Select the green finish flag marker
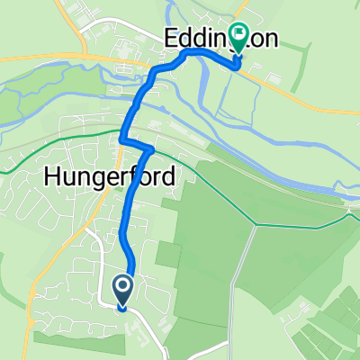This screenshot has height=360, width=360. [238, 36]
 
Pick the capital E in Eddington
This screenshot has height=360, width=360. [171, 39]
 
